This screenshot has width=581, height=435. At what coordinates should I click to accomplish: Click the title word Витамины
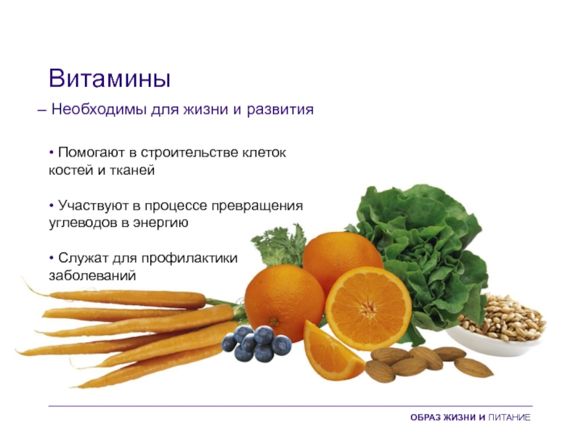coord(110,78)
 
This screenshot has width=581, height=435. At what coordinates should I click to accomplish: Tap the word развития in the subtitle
coord(280,110)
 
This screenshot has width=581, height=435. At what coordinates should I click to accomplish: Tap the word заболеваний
coord(92,276)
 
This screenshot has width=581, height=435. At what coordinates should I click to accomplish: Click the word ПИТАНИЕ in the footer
coord(509,418)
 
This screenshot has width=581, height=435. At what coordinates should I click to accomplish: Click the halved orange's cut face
coord(368,309)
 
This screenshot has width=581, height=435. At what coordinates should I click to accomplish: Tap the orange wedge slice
coord(331,350)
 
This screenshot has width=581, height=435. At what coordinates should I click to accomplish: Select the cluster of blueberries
coord(257,344)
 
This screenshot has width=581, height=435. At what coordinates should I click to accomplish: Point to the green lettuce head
coord(423,252)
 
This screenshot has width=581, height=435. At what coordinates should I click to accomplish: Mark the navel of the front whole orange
coord(275,321)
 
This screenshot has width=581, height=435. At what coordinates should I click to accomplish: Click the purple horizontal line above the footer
coord(290,406)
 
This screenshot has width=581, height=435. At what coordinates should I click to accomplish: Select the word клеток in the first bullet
coord(264,152)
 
